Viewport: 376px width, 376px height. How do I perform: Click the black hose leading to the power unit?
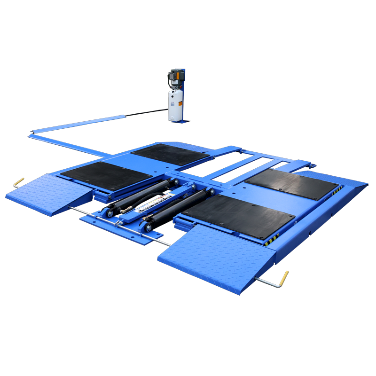coord(146,112)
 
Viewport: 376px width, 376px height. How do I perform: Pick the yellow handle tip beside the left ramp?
coord(18,181)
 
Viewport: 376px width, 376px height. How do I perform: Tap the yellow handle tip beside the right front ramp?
coord(284,277)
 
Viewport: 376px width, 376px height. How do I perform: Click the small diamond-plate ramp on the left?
coord(47,193)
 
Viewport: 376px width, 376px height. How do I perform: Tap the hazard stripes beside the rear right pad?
coord(337,190)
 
